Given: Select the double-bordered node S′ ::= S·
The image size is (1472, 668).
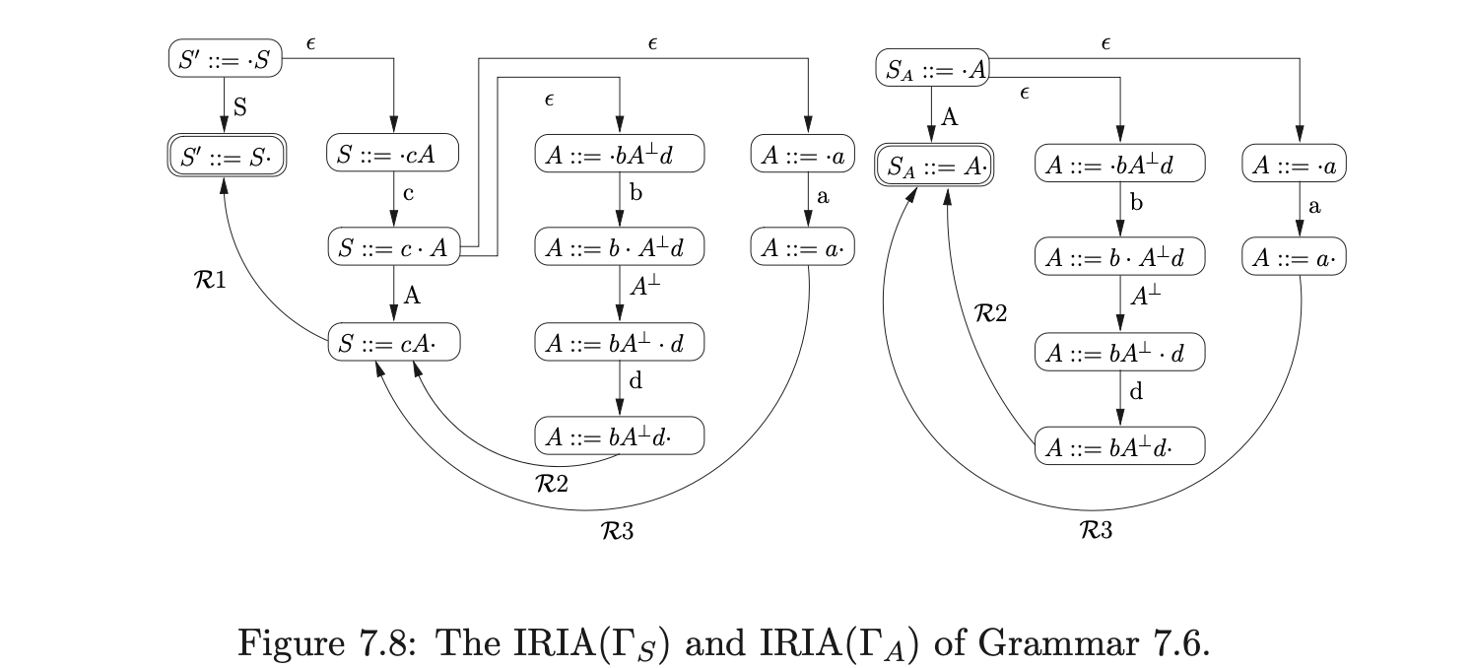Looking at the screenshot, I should [225, 159].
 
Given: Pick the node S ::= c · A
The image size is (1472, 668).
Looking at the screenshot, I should [393, 249].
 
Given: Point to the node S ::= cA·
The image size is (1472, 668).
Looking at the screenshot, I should [393, 345].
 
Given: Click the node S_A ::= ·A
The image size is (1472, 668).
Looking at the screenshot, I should [932, 69].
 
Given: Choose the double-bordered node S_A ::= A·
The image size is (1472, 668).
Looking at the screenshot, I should [934, 167].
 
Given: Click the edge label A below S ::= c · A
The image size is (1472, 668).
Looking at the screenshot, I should [412, 296].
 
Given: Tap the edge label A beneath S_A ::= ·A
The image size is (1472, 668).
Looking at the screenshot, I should [950, 118].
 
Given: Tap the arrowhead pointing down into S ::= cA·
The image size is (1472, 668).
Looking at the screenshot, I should [393, 320].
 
